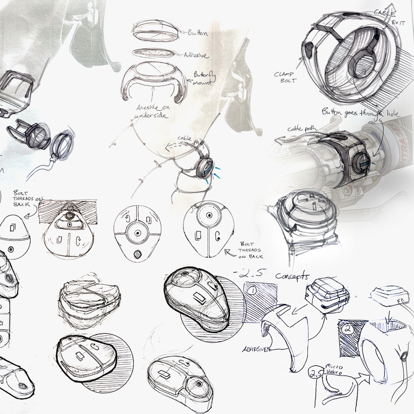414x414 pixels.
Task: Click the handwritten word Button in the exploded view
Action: click(x=198, y=33)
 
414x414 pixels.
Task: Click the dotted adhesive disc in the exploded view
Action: click(x=154, y=55)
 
